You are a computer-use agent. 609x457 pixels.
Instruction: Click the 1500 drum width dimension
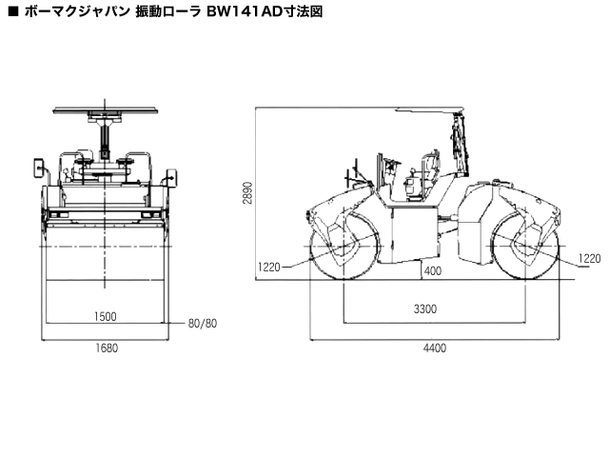pyautogui.click(x=106, y=317)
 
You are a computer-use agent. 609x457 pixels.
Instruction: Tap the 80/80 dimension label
pyautogui.click(x=203, y=324)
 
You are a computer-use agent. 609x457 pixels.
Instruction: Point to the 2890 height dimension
pyautogui.click(x=248, y=194)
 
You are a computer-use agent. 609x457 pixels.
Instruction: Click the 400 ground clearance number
pyautogui.click(x=433, y=271)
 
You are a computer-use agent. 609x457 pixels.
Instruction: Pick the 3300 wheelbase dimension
pyautogui.click(x=427, y=309)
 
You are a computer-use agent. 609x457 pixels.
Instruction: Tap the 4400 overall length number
pyautogui.click(x=434, y=348)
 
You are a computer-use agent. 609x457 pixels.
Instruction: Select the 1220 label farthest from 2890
pyautogui.click(x=591, y=258)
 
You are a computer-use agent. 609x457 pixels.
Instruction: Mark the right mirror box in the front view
pyautogui.click(x=172, y=176)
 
